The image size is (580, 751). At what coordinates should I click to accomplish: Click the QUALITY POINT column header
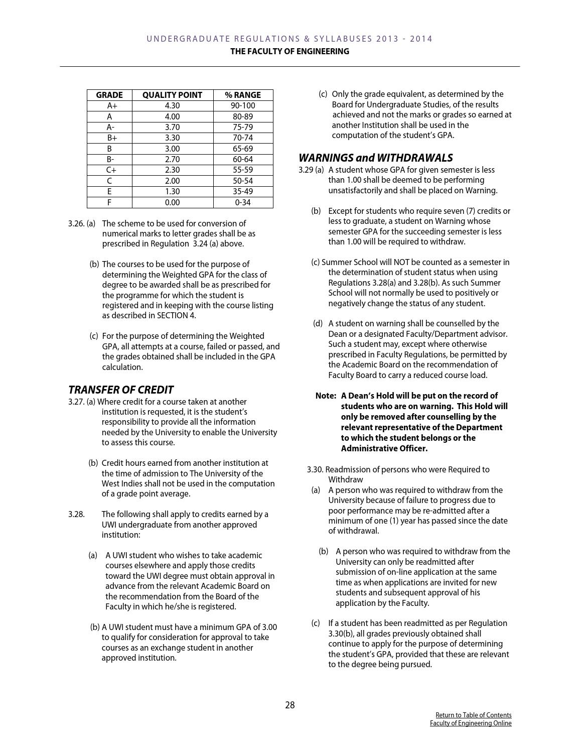172,95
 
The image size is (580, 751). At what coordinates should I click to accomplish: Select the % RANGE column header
243,95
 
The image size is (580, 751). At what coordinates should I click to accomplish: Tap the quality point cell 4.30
172,106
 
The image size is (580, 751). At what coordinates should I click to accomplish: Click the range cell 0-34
243,203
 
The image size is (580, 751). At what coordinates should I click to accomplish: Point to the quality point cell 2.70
172,160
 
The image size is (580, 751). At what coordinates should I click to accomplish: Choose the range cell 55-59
243,170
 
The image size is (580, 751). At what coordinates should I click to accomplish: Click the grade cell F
109,203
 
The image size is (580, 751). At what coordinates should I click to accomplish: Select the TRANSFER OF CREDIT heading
121,390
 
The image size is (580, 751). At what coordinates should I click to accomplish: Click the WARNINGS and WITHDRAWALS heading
375,158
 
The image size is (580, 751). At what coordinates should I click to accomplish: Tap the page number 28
290,705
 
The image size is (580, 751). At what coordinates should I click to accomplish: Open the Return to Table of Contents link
473,715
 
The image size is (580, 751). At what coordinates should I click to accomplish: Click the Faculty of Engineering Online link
471,723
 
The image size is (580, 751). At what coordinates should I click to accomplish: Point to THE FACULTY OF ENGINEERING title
289,51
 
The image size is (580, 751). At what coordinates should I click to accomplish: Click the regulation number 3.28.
76,515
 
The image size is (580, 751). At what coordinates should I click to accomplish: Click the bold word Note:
326,396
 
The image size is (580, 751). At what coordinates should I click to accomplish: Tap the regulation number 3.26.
76,224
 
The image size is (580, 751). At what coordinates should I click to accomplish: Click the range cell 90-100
243,106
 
